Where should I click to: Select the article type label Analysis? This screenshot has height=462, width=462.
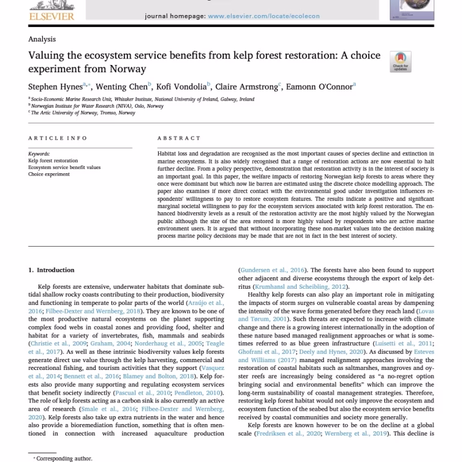tap(42, 39)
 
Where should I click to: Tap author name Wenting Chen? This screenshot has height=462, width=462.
tap(122, 87)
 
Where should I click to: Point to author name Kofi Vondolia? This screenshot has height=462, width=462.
tap(181, 87)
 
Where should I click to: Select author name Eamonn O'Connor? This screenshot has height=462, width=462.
tap(319, 87)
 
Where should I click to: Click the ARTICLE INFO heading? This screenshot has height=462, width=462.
tap(58, 138)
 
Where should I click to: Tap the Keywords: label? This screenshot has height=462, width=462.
tap(39, 154)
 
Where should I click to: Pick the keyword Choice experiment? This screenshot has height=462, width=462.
tap(49, 174)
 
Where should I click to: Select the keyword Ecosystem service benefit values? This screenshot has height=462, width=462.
tap(64, 168)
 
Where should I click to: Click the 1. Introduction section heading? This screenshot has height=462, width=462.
tap(52, 270)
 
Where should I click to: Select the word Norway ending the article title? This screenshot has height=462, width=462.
tap(130, 69)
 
